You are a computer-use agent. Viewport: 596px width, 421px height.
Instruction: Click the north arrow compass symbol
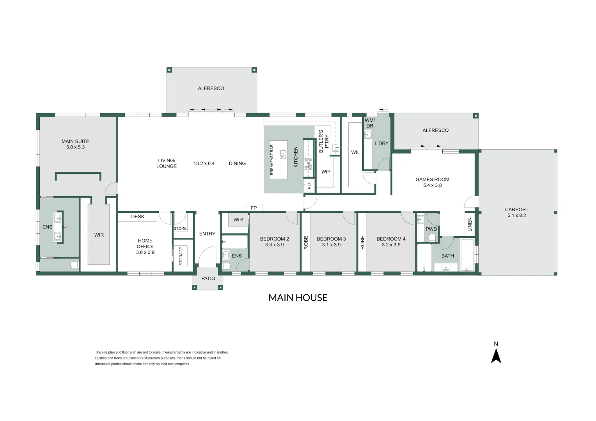496,355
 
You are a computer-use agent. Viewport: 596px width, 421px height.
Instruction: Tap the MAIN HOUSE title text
298,298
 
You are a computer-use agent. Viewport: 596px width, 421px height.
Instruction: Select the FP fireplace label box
254,208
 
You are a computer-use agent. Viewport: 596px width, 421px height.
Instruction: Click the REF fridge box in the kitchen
309,186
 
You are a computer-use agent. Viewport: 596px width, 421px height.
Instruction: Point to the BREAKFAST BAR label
272,160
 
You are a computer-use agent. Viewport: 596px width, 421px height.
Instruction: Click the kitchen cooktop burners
308,163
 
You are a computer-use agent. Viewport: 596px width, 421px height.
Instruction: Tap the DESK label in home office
138,217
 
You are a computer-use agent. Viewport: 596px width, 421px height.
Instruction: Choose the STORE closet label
180,228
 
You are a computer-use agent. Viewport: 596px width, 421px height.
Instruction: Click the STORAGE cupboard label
181,256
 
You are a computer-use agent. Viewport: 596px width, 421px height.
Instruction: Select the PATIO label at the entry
208,278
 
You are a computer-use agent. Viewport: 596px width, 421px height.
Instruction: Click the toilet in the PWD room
432,237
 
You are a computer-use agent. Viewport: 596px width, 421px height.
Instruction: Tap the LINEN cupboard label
470,225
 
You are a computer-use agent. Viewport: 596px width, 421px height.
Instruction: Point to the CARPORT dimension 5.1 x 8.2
516,216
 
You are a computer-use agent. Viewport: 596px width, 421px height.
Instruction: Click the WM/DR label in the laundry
370,123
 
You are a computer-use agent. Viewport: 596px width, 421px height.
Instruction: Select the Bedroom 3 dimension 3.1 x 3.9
331,245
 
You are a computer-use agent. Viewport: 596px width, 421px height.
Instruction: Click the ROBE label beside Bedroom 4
362,242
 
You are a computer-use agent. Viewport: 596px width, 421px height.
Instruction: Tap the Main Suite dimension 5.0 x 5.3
75,147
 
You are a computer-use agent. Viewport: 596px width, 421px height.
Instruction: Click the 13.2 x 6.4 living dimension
204,164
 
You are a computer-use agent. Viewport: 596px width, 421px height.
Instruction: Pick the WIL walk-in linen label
355,152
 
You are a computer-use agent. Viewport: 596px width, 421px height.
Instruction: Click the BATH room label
447,256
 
